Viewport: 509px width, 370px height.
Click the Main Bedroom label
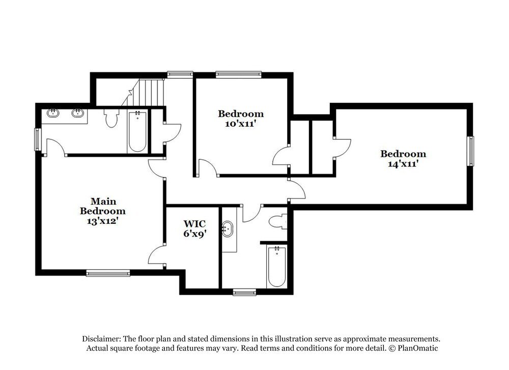point(102,206)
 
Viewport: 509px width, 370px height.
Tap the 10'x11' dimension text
point(241,123)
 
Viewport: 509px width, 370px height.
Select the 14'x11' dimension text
point(403,164)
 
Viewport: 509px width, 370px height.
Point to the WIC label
point(194,223)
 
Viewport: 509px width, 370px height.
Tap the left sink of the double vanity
point(53,113)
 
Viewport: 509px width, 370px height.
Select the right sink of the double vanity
point(78,113)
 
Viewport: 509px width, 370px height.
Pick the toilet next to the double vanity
point(111,118)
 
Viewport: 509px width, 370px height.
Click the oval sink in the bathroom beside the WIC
point(228,229)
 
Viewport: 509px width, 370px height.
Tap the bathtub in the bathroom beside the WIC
point(276,267)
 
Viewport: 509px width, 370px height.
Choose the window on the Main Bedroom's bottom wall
point(108,273)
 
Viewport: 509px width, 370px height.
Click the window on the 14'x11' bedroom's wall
point(471,151)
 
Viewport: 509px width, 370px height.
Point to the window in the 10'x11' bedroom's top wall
point(238,74)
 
